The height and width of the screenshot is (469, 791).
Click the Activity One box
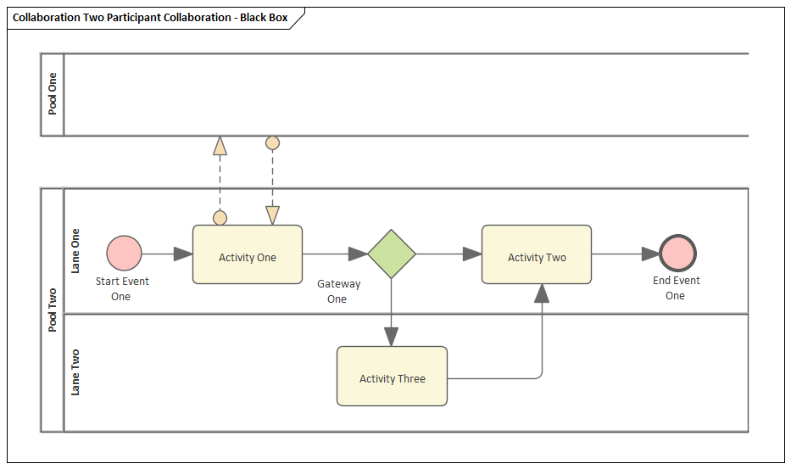click(x=248, y=254)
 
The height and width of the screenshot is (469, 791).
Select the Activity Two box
click(x=537, y=254)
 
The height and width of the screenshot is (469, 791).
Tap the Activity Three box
click(x=392, y=376)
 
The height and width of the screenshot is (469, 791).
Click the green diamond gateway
click(x=392, y=254)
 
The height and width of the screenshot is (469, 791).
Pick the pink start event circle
click(x=125, y=254)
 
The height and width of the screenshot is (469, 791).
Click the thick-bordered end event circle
click(x=677, y=254)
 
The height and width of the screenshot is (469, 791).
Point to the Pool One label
click(x=53, y=94)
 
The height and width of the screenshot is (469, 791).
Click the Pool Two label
click(x=53, y=310)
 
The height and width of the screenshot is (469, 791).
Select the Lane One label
click(x=75, y=251)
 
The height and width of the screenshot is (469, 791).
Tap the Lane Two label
click(x=75, y=372)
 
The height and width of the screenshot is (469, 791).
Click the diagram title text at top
click(x=150, y=17)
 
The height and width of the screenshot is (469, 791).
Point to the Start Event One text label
click(x=121, y=289)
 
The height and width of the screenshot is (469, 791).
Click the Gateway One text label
click(x=337, y=292)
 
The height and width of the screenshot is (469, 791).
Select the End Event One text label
click(x=676, y=288)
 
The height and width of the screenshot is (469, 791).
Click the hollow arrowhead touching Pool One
click(x=220, y=145)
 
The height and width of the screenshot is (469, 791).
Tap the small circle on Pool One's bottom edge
click(x=272, y=142)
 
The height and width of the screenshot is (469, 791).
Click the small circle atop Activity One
click(x=220, y=218)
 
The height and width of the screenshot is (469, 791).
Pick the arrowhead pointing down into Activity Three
click(x=391, y=337)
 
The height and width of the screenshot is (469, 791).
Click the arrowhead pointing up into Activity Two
click(x=542, y=293)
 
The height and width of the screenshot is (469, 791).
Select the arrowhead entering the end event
click(x=650, y=254)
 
